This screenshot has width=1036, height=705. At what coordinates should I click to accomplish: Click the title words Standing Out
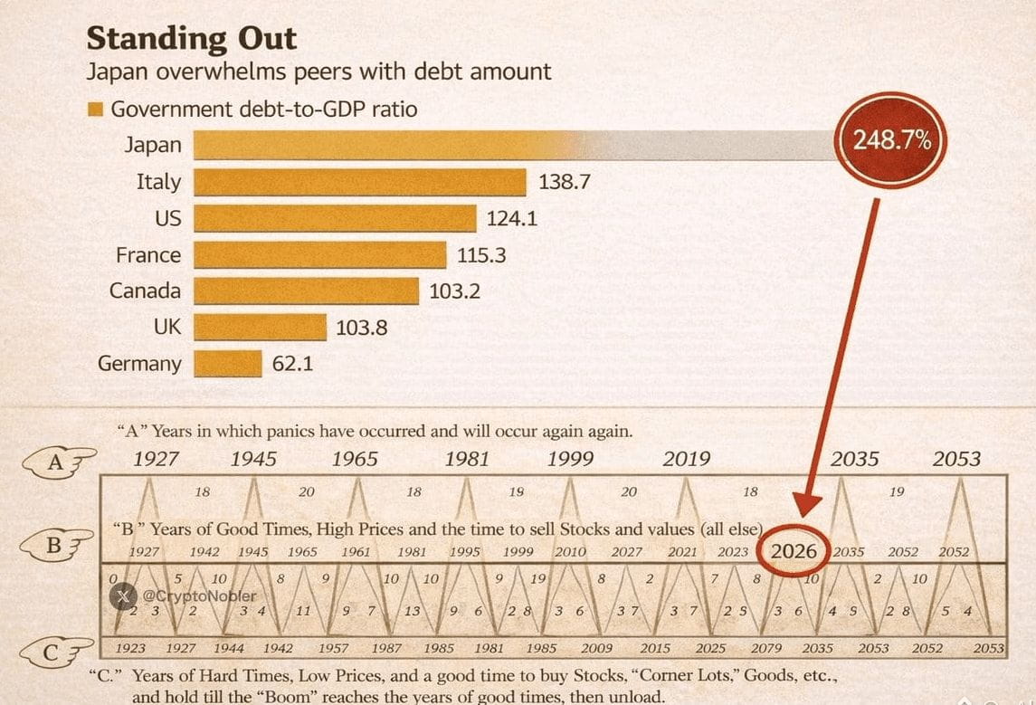click(191, 39)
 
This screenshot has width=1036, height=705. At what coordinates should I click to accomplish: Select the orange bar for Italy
click(360, 182)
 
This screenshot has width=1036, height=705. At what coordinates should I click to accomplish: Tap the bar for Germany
click(227, 364)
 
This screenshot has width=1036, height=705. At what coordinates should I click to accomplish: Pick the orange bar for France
click(320, 255)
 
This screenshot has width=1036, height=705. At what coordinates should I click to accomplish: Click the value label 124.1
click(512, 219)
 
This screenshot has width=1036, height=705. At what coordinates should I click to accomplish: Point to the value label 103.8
click(361, 328)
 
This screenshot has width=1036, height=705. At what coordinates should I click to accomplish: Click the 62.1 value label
click(292, 364)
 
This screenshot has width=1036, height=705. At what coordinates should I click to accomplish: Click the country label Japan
click(152, 145)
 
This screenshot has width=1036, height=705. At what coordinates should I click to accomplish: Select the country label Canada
click(145, 291)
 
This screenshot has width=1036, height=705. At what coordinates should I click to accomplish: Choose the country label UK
click(166, 327)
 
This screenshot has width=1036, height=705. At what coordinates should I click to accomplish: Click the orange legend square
click(95, 110)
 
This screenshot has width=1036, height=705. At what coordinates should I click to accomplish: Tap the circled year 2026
click(794, 550)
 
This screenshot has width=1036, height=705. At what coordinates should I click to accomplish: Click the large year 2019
click(686, 459)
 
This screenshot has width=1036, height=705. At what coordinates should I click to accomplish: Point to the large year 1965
click(354, 459)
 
